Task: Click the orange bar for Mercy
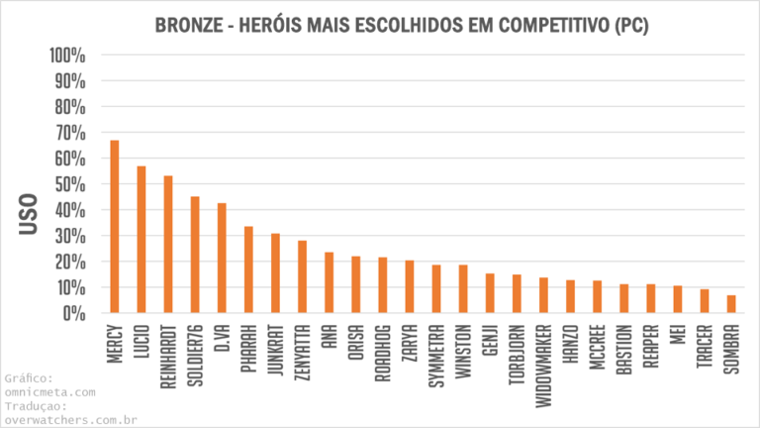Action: pyautogui.click(x=115, y=227)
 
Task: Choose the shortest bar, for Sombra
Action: pyautogui.click(x=731, y=304)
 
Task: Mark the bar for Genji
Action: pyautogui.click(x=490, y=293)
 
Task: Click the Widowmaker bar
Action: pyautogui.click(x=543, y=295)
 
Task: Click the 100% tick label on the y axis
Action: pyautogui.click(x=67, y=55)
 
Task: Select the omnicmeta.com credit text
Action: pyautogui.click(x=49, y=392)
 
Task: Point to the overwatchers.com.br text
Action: pyautogui.click(x=70, y=420)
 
